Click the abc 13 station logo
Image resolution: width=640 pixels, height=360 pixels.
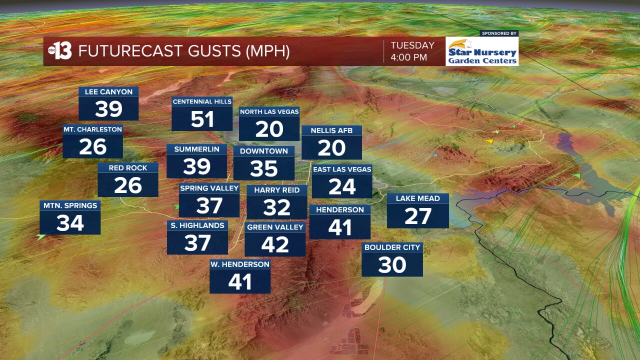(60, 51)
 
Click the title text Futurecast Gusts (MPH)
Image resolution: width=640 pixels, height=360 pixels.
(184, 51)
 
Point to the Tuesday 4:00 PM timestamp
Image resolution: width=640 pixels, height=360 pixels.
(412, 51)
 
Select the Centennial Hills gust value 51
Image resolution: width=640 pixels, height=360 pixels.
(202, 119)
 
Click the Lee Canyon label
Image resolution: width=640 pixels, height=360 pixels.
(108, 92)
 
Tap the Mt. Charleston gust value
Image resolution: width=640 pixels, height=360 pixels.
(92, 147)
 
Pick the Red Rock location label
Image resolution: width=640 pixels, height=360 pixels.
(128, 168)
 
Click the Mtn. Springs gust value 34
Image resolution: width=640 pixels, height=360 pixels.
(70, 223)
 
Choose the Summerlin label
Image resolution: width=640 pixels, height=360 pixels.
(196, 149)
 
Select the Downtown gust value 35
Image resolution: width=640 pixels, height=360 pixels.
(263, 169)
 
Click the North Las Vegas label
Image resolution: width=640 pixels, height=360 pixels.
(269, 111)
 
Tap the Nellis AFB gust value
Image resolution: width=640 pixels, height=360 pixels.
(331, 148)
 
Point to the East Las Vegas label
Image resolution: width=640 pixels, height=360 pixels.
(342, 169)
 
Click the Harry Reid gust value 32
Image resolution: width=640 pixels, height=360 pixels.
(276, 208)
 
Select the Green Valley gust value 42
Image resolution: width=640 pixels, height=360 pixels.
(275, 245)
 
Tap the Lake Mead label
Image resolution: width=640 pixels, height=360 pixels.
(417, 198)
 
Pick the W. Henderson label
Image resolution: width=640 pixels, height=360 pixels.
(240, 264)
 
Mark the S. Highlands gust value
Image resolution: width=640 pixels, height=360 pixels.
(197, 243)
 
